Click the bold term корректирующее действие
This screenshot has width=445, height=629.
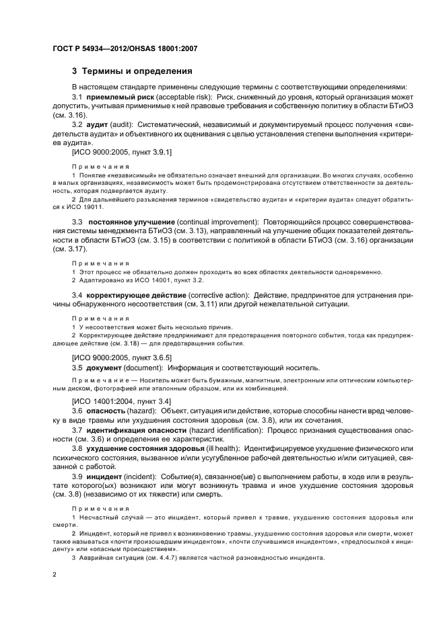tap(128, 295)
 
